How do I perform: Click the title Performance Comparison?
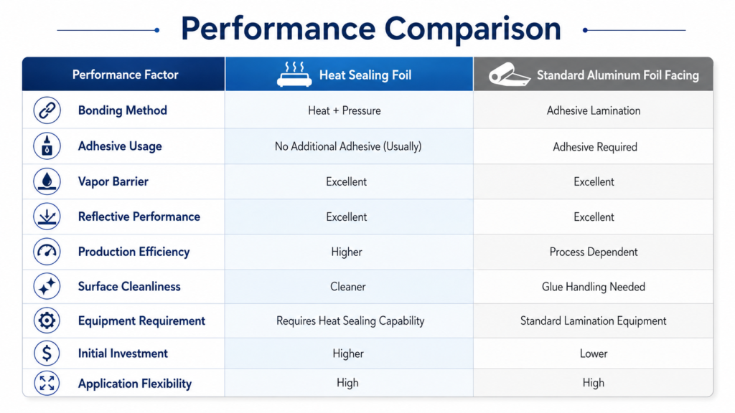[x=371, y=29]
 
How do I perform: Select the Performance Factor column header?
[x=125, y=75]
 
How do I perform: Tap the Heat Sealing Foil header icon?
[x=294, y=74]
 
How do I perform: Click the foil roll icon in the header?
[x=509, y=75]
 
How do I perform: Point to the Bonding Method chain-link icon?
[x=47, y=110]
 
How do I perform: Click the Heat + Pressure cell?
[x=345, y=111]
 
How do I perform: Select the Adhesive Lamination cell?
[x=594, y=111]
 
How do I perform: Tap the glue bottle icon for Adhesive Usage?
[x=47, y=146]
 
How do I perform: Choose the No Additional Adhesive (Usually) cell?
[x=348, y=146]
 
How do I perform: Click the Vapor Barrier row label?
[x=113, y=181]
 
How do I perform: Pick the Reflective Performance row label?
[x=139, y=217]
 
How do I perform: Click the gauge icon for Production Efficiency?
[x=47, y=252]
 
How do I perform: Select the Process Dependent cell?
[x=594, y=252]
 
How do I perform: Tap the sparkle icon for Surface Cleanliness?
[x=47, y=286]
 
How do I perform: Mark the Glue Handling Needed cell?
[x=594, y=287]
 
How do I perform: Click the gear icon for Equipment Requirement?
[x=47, y=321]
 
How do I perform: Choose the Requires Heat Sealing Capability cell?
[x=350, y=321]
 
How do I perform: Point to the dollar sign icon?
[x=47, y=353]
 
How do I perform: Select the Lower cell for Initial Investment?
[x=594, y=353]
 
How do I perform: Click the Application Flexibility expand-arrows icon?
[x=47, y=383]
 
